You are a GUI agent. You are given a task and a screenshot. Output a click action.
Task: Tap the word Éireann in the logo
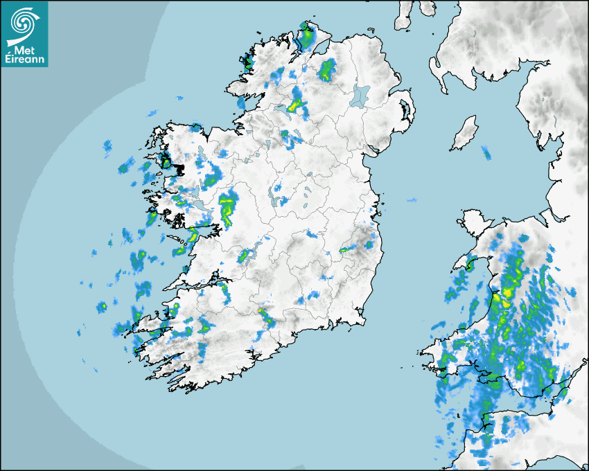click(x=24, y=62)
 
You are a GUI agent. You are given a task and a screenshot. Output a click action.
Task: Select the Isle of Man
click(x=464, y=133)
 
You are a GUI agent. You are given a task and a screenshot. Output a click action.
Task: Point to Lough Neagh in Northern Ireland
click(x=359, y=96)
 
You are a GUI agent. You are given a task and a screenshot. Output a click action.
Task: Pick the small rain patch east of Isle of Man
click(x=486, y=153)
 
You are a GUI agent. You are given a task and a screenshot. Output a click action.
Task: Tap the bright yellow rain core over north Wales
click(x=506, y=294)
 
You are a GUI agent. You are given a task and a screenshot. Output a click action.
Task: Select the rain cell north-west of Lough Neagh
click(x=326, y=69)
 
